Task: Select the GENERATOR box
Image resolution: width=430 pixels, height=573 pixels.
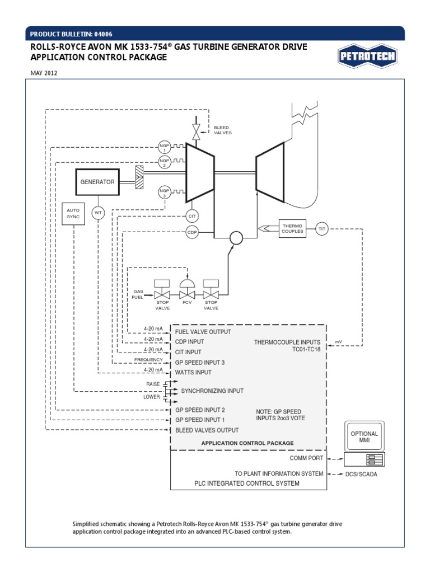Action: (97, 182)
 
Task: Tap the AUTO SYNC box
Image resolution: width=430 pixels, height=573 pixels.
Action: (73, 213)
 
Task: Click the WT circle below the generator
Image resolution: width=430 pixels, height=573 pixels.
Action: (99, 213)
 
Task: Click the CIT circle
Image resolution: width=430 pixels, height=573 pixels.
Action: (192, 216)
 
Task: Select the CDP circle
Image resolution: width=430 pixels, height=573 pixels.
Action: (192, 232)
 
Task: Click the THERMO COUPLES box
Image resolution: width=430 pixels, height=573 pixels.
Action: (292, 228)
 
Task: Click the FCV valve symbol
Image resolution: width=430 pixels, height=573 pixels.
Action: (187, 292)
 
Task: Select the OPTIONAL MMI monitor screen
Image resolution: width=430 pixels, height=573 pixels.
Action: (364, 436)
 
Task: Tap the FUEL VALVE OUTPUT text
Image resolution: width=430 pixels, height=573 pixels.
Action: (203, 332)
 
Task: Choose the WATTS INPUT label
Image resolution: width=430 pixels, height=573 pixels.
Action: (194, 372)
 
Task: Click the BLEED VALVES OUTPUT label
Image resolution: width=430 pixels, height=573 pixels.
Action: (207, 430)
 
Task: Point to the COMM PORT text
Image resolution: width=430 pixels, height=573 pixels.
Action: (306, 458)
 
